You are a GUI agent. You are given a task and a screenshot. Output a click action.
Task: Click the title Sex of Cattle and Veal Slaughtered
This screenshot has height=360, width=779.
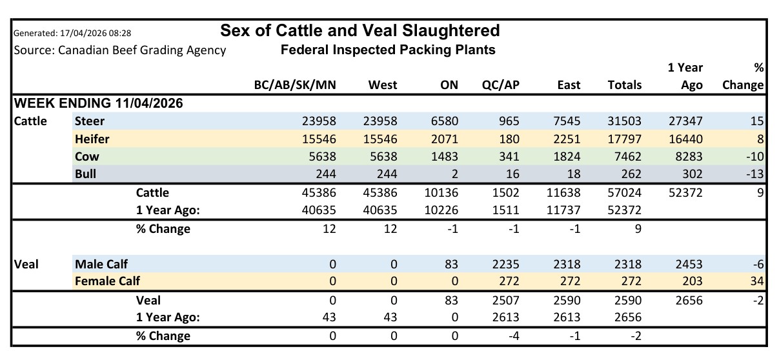point(359,30)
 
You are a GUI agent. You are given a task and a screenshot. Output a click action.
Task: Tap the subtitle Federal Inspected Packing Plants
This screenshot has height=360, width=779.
point(388,50)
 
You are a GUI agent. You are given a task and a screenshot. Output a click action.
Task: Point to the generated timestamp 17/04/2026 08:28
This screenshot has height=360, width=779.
point(72,32)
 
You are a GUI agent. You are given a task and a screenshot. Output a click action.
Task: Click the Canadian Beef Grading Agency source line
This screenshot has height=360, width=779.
point(119,50)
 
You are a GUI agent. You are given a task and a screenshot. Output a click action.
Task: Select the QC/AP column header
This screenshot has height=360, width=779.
point(500,85)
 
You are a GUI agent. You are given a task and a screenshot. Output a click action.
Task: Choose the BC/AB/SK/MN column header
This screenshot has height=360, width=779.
point(296,85)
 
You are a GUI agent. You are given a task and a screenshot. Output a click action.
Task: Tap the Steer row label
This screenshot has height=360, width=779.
point(90,121)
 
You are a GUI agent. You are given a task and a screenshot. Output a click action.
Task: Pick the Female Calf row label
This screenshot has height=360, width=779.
point(107,281)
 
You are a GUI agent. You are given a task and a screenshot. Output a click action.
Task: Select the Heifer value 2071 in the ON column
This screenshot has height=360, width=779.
point(445,139)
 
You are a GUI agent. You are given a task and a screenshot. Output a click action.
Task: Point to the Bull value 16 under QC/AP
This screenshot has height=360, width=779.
point(512,174)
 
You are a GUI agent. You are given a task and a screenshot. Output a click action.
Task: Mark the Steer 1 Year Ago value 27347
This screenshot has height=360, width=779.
point(685,121)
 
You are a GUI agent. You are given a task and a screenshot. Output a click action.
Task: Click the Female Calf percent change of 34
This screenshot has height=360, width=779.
point(757,281)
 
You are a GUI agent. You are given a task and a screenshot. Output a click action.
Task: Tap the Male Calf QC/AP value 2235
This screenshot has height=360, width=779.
point(505,264)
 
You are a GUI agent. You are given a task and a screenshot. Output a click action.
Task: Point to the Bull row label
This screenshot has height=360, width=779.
point(85,174)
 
